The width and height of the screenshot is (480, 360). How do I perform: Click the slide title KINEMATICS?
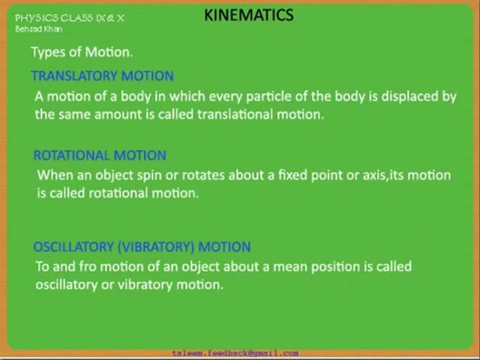click(x=248, y=15)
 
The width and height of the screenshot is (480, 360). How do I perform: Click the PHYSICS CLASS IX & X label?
click(x=69, y=18)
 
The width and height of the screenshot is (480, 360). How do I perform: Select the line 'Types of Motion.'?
click(x=81, y=52)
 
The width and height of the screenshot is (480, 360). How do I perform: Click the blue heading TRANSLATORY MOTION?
click(x=102, y=76)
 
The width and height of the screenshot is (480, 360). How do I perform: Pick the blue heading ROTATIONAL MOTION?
click(x=99, y=155)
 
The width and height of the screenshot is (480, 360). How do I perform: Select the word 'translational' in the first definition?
click(x=235, y=114)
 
